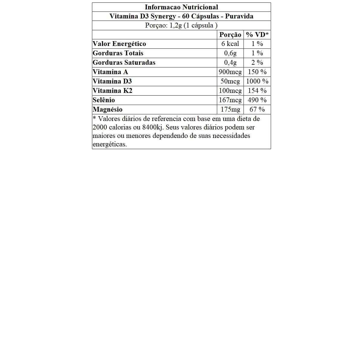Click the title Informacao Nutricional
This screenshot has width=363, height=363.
pyautogui.click(x=181, y=7)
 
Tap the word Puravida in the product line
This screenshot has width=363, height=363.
pyautogui.click(x=239, y=16)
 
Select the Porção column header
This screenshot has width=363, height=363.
pyautogui.click(x=230, y=34)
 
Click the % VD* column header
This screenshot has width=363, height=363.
pyautogui.click(x=257, y=34)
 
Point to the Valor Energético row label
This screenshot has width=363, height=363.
pyautogui.click(x=119, y=44)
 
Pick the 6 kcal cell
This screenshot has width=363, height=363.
pyautogui.click(x=230, y=44)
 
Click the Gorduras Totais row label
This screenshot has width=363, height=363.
pyautogui.click(x=118, y=53)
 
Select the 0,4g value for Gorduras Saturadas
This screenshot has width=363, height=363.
pyautogui.click(x=230, y=63)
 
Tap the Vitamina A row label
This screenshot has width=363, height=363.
pyautogui.click(x=110, y=72)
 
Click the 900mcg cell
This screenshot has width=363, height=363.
pyautogui.click(x=230, y=72)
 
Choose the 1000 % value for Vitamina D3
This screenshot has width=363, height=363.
pyautogui.click(x=257, y=81)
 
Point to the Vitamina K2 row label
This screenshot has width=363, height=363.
pyautogui.click(x=112, y=91)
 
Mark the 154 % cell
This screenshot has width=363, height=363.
pyautogui.click(x=257, y=91)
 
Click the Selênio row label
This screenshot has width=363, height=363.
pyautogui.click(x=104, y=100)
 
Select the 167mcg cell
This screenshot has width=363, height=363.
pyautogui.click(x=230, y=100)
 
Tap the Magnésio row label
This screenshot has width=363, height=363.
pyautogui.click(x=107, y=110)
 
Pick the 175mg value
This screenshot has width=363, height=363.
pyautogui.click(x=230, y=110)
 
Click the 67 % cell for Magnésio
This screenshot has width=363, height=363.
pyautogui.click(x=257, y=110)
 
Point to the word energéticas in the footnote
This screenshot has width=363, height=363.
pyautogui.click(x=110, y=144)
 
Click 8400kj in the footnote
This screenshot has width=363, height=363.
pyautogui.click(x=153, y=127)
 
